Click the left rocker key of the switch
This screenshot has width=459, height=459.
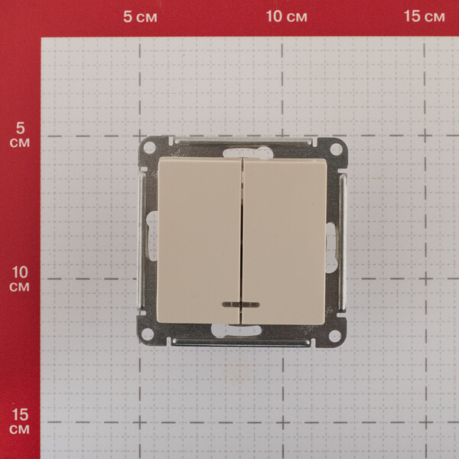(x=200, y=240)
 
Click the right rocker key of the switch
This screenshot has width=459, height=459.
(x=285, y=242)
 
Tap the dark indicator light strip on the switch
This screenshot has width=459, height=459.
(x=241, y=304)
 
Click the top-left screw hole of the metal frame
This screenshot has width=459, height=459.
(x=149, y=147)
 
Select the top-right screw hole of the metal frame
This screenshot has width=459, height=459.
(x=336, y=149)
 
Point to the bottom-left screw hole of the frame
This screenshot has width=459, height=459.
(x=147, y=334)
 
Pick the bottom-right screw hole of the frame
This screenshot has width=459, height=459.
(x=334, y=336)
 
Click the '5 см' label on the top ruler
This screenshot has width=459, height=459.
(x=140, y=17)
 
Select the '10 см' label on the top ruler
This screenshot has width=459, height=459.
(x=286, y=16)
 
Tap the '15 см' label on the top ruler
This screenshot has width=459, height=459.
(x=424, y=16)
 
